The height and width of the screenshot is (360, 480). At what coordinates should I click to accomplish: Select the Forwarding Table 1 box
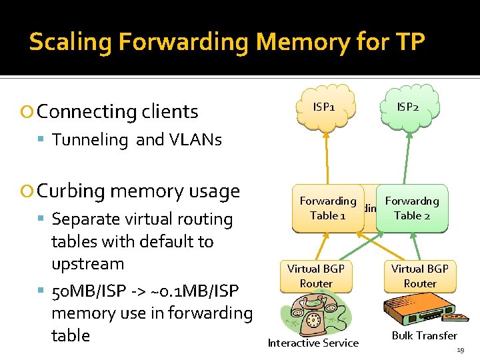point(327,208)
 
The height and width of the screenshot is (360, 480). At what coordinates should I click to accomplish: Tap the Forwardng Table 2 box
point(412,208)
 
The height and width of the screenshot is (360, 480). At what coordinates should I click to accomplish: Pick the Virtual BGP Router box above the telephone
point(316,276)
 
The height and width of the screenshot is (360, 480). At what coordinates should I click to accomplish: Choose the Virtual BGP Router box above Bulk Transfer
point(420,276)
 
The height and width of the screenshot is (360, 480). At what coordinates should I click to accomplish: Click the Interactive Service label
point(313,343)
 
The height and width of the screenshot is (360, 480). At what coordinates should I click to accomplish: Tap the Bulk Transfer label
point(424,335)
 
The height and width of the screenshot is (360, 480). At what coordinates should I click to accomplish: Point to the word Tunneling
point(90,139)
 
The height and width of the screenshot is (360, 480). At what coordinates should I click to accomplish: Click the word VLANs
point(197,139)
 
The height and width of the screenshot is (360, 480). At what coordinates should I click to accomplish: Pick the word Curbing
point(71,191)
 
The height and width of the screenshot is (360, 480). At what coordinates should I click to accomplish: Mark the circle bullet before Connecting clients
point(28,112)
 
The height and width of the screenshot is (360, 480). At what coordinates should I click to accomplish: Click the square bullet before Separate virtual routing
point(41,219)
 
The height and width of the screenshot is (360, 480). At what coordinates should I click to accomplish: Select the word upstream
point(87,264)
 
